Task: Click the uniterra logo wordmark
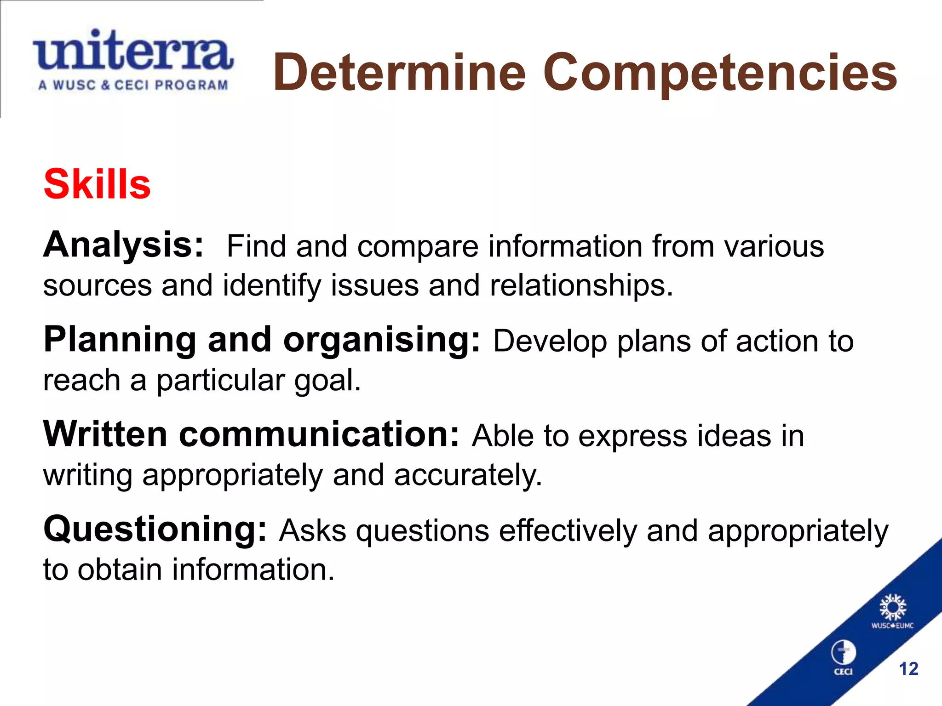pos(132,51)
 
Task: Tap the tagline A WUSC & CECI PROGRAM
pos(133,85)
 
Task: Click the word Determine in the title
pos(399,73)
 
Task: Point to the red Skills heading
pos(97,184)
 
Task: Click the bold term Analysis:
pos(123,245)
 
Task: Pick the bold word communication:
pos(319,434)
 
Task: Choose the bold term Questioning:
pos(155,529)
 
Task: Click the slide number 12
pos(908,669)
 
